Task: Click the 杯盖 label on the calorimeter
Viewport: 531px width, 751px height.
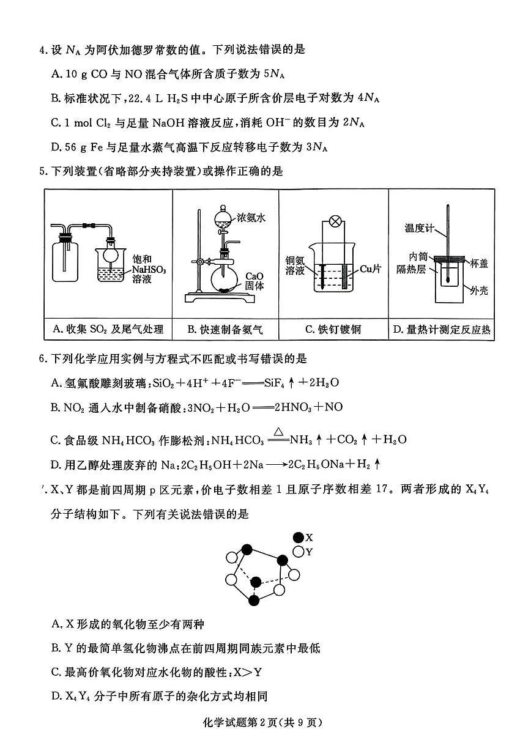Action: click(479, 263)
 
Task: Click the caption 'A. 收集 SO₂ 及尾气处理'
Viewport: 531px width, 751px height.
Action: click(108, 330)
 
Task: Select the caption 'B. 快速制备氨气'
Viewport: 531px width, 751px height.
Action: click(225, 330)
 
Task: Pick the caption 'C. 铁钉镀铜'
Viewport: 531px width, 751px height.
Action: click(333, 330)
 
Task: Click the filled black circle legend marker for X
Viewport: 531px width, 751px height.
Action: click(299, 538)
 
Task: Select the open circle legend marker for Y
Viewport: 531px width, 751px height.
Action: click(299, 552)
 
